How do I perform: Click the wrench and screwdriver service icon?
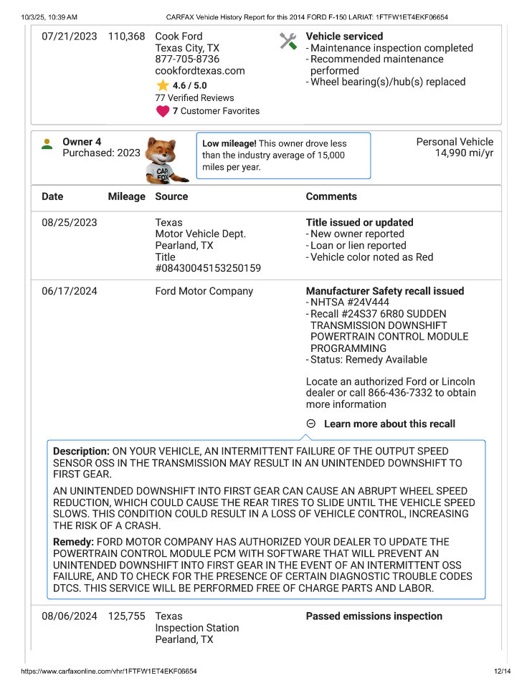point(288,42)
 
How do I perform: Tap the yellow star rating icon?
point(163,85)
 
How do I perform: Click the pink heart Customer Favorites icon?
point(163,111)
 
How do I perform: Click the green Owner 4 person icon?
point(47,143)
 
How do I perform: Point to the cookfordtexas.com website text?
point(200,71)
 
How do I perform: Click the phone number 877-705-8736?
point(187,59)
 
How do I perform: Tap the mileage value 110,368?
point(126,37)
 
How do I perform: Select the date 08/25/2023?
point(70,223)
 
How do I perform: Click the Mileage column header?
point(126,196)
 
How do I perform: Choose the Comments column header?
point(331,196)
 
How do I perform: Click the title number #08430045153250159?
point(208,269)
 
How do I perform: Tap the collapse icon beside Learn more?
point(310,424)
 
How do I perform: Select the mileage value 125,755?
point(126,616)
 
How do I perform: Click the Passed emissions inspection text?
point(374,616)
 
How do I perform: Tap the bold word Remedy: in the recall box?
point(73,542)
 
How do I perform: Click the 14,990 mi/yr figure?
point(464,153)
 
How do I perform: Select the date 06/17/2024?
point(70,292)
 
